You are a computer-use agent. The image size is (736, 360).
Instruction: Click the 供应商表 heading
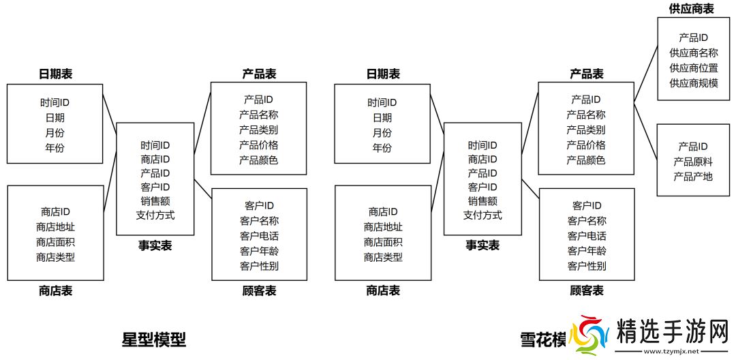pos(690,8)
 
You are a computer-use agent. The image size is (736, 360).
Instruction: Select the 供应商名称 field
pos(693,52)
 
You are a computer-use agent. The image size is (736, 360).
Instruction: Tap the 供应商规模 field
pos(693,82)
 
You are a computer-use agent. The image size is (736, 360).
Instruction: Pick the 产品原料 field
pos(692,162)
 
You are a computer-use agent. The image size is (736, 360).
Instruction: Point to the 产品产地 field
pos(692,177)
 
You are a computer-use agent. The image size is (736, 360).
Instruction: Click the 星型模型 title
pos(153,339)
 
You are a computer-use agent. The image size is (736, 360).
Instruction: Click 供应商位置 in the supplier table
pos(693,67)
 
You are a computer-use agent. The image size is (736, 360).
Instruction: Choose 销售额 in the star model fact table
pos(155,200)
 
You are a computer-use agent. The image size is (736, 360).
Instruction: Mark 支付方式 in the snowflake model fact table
pos(482,215)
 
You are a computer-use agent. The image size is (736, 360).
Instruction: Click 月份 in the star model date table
pos(55,132)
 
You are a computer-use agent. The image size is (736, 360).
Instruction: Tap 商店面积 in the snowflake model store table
pos(383,242)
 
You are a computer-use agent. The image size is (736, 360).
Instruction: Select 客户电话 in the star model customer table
pos(259,235)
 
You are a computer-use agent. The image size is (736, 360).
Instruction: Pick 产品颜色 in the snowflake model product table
pos(586,160)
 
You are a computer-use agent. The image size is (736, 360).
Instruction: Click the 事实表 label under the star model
pos(155,245)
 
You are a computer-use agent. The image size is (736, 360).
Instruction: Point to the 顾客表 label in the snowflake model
pos(586,290)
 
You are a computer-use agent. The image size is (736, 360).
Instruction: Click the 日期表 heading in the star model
pos(55,74)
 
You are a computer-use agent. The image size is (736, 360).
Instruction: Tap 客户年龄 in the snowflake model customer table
pos(586,250)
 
